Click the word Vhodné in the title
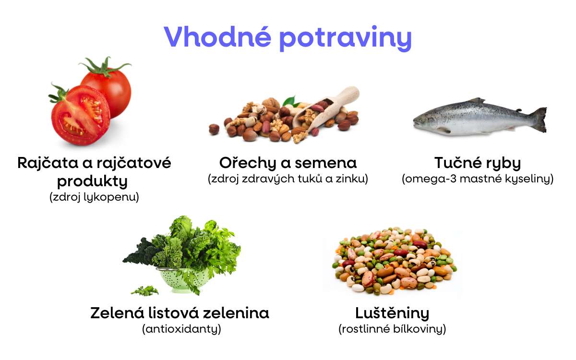click(216, 36)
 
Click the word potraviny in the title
click(345, 37)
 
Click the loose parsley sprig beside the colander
click(144, 290)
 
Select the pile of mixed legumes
click(394, 262)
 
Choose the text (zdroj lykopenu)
click(94, 197)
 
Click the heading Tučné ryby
click(477, 163)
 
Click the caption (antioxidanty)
click(181, 329)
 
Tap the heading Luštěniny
click(392, 313)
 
